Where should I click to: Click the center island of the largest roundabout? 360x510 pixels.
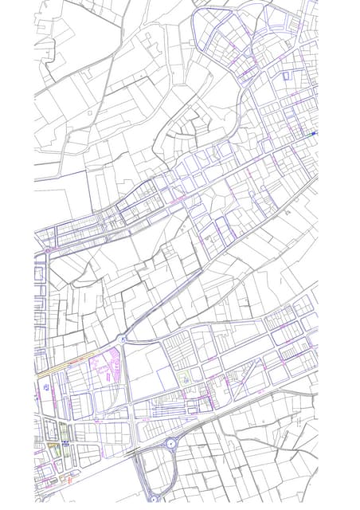170,443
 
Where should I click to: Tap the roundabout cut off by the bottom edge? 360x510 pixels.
154,498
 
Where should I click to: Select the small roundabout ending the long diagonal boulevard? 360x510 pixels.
123,339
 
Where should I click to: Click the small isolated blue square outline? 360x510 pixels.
285,76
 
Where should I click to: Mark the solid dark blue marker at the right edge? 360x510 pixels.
314,133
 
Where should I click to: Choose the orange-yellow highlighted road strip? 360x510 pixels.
60,369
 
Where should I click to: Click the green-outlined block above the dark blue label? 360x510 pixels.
65,430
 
